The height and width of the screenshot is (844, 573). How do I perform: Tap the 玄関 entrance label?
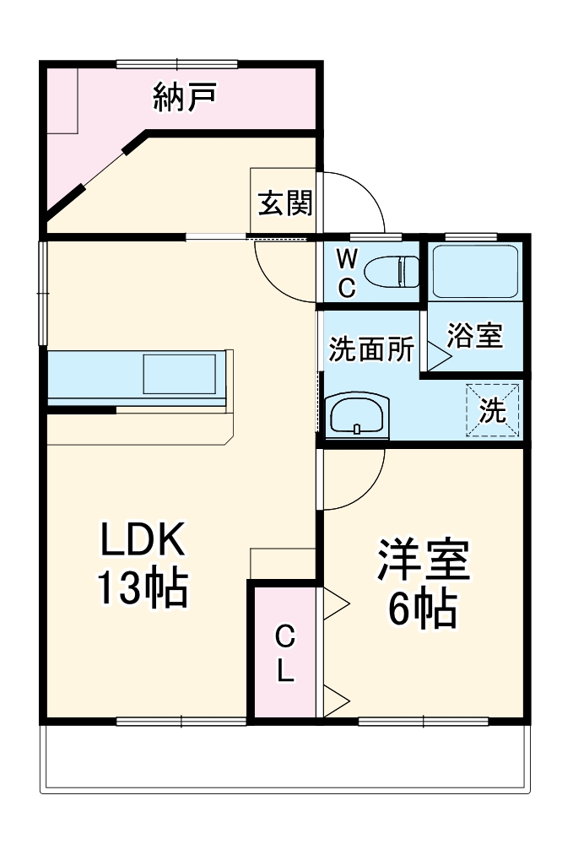285,203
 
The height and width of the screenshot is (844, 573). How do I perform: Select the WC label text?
347,272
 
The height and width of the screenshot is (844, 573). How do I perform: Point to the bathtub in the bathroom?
474,271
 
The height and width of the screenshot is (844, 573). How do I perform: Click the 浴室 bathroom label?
475,335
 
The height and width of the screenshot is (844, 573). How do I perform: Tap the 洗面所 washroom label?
371,349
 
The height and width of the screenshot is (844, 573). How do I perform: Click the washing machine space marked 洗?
493,410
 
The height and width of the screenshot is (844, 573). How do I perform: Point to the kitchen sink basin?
179,373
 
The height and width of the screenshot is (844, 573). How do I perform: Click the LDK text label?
142,541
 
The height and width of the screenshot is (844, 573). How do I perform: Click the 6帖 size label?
422,609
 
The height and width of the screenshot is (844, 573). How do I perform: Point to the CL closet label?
286,653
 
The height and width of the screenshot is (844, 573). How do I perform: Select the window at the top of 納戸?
177,63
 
